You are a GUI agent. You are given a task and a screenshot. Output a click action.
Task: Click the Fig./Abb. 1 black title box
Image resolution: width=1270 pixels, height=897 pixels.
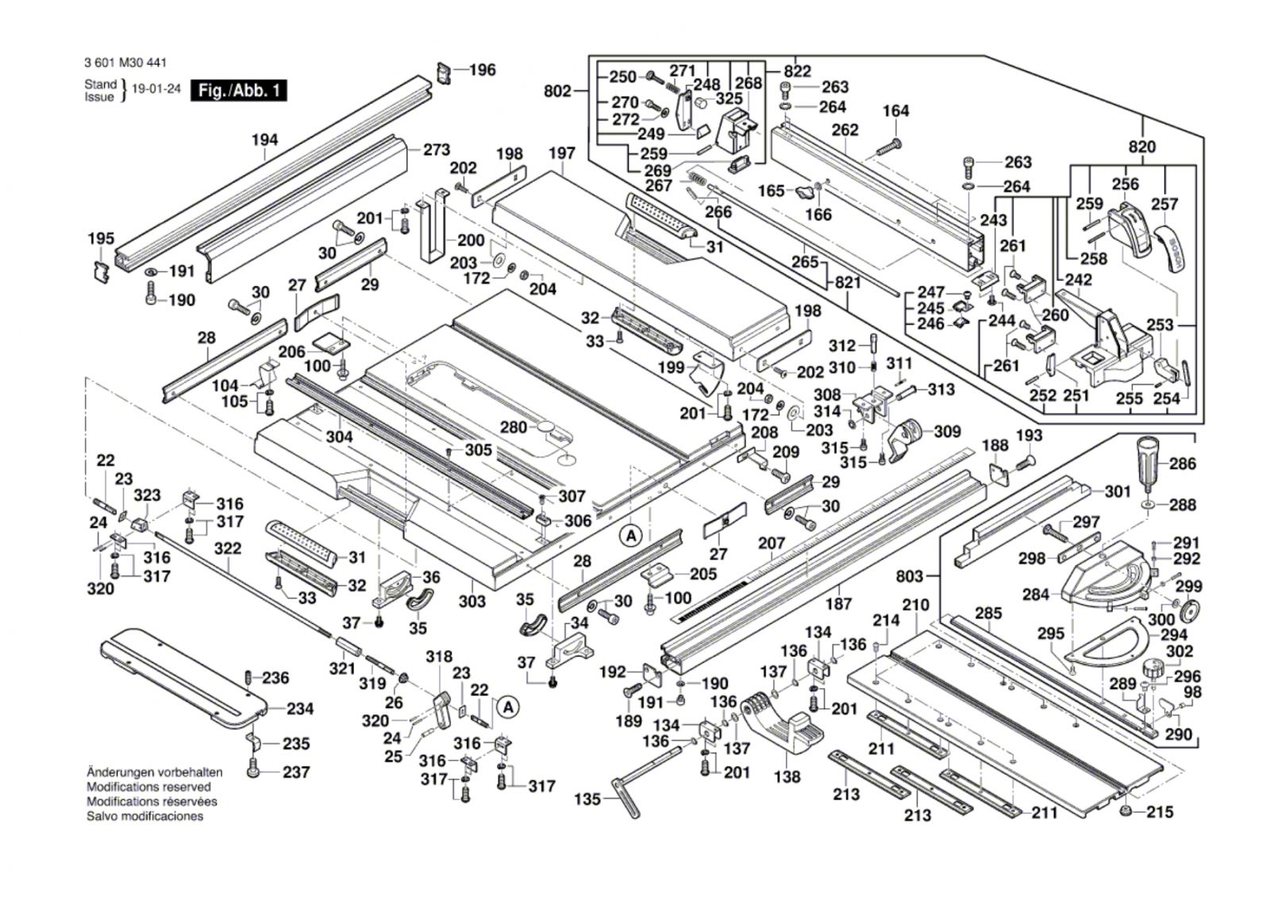(239, 90)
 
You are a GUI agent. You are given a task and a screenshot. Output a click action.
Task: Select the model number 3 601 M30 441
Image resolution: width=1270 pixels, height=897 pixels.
(125, 64)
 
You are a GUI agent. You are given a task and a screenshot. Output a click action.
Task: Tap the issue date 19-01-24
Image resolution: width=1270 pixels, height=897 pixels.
(156, 90)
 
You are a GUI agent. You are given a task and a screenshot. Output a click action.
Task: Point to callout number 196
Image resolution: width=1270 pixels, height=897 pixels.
(482, 70)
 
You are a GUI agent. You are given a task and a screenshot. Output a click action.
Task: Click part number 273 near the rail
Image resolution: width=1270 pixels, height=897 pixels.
(436, 149)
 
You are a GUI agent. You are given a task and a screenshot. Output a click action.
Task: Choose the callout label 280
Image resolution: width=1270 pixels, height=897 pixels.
(514, 427)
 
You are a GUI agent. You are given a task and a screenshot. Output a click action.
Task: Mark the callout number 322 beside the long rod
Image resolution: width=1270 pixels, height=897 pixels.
(228, 549)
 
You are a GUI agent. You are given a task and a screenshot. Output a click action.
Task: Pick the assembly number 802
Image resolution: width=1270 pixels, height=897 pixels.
(557, 91)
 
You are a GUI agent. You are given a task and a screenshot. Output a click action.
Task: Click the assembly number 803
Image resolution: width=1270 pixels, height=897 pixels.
(910, 576)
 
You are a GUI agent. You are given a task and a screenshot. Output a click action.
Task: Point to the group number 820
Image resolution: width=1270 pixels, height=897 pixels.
(1142, 147)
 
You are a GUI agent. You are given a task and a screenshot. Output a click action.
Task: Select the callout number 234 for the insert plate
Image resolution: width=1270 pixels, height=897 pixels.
(300, 709)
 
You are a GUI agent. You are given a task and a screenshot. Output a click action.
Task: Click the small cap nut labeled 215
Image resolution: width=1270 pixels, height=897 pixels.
(1125, 812)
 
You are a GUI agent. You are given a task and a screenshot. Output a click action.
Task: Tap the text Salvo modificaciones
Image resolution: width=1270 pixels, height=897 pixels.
(144, 816)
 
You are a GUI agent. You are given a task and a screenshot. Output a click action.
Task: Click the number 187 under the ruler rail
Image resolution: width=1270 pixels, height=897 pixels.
(839, 604)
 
